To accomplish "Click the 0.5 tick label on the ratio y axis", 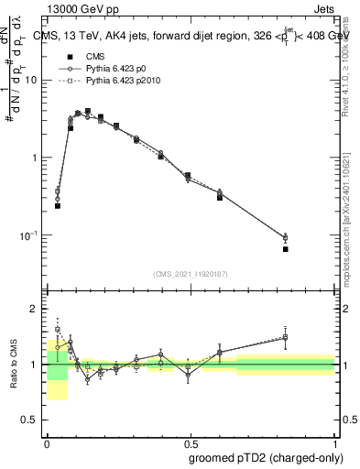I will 33,422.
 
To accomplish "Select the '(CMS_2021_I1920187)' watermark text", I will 190,274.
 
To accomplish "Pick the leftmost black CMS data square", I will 58,206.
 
